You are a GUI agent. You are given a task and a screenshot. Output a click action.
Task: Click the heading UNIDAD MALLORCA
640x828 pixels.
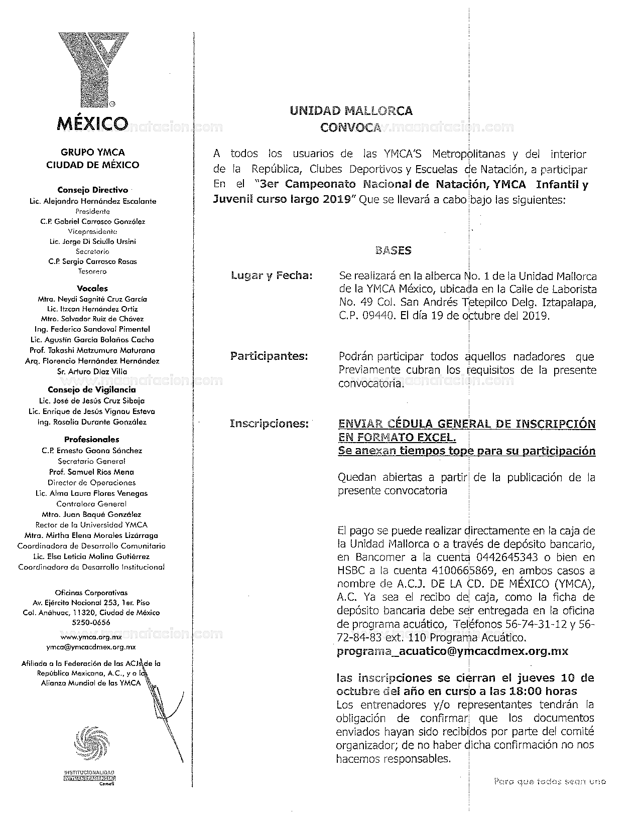tap(351, 111)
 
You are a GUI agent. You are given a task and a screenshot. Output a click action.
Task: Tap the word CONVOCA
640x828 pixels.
tap(351, 127)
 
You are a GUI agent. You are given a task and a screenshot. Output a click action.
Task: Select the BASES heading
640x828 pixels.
tap(394, 250)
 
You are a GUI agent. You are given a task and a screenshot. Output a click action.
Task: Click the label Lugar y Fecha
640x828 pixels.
tap(272, 275)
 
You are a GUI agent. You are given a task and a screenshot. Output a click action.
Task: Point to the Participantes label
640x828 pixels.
tap(269, 356)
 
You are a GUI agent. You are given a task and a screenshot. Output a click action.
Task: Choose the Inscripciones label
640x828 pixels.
tap(269, 424)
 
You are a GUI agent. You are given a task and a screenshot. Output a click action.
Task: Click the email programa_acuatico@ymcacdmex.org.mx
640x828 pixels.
tap(452, 651)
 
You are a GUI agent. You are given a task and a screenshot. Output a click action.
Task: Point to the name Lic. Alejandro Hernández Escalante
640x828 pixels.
tap(93, 201)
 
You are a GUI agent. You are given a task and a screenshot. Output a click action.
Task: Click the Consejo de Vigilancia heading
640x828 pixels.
tap(92, 389)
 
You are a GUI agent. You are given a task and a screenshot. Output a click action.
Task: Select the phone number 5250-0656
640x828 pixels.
tap(91, 622)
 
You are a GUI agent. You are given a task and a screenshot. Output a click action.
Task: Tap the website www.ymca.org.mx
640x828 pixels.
tap(91, 637)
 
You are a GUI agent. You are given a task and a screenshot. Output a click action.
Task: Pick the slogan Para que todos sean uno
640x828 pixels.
tap(550, 781)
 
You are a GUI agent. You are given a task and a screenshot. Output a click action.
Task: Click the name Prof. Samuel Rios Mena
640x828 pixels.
tap(92, 472)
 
